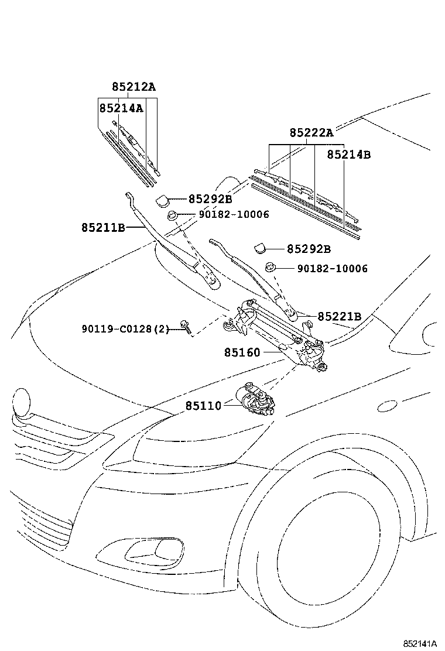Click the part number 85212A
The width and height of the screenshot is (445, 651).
[134, 87]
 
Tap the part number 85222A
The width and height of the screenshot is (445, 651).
[311, 133]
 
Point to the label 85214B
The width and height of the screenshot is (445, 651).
[348, 155]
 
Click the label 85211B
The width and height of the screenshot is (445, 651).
[103, 227]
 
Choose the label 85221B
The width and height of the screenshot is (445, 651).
[340, 317]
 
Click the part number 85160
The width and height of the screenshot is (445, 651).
[242, 352]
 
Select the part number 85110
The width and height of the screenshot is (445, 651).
[204, 405]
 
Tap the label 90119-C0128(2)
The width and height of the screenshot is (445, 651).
[125, 330]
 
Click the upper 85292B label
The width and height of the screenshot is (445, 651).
[210, 199]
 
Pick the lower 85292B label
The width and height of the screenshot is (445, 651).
[309, 249]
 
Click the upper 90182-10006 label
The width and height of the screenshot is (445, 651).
[234, 215]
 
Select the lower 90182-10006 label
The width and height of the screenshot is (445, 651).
[332, 269]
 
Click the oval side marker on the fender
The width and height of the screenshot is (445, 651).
[388, 405]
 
